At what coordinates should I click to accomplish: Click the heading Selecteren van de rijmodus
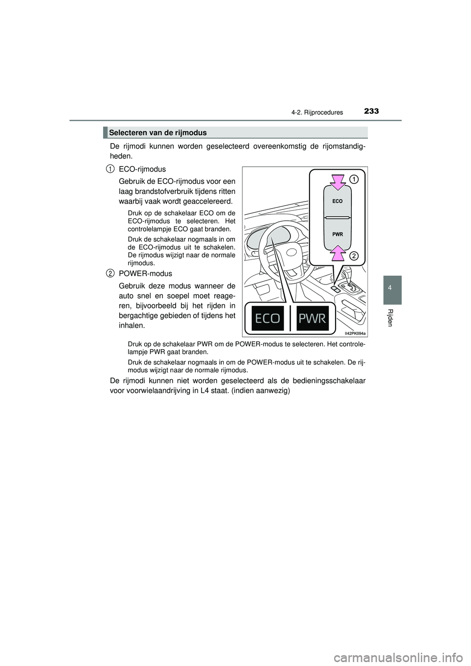click(x=158, y=132)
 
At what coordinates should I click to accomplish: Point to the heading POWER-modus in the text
click(x=145, y=273)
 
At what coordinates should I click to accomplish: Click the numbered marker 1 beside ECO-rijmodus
click(x=110, y=169)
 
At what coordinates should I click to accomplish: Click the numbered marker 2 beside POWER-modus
click(x=110, y=273)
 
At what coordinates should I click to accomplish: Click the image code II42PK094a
click(x=355, y=333)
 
